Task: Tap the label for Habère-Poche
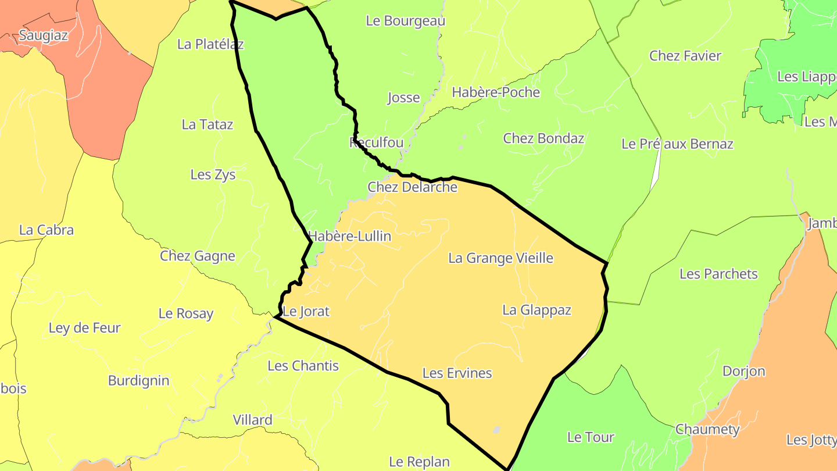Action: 496,92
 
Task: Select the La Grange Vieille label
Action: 500,258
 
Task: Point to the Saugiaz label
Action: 44,35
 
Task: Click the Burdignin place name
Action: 139,381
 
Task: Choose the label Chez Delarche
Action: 412,187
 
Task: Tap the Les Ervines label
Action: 457,373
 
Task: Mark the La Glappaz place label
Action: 536,310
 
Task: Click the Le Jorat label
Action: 306,312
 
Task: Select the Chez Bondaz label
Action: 543,138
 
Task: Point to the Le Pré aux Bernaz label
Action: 677,144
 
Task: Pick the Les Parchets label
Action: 718,274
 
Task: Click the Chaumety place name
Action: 707,430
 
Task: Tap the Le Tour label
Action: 591,437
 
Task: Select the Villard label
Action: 252,420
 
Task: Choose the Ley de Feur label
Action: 84,328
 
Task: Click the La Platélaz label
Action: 210,44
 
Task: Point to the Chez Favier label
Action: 685,56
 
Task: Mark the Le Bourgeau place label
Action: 405,21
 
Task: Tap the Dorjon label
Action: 743,371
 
